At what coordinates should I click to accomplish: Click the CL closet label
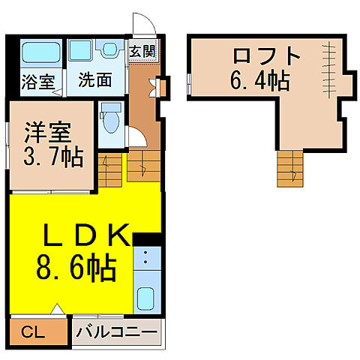pyautogui.click(x=32, y=331)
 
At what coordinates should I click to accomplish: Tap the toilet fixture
pyautogui.click(x=110, y=118)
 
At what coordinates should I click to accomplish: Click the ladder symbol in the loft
pyautogui.click(x=328, y=64)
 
